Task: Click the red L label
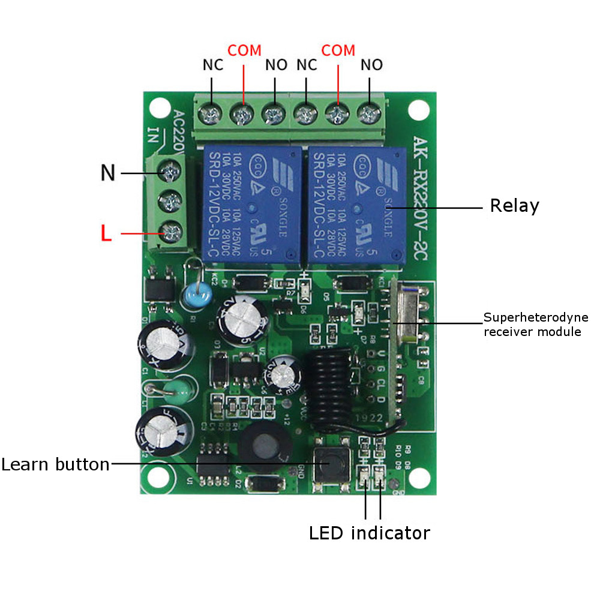106,233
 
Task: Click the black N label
107,173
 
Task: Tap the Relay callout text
514,206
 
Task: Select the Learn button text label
55,464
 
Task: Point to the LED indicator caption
370,533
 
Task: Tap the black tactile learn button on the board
330,465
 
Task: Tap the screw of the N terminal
170,172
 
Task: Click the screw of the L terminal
170,229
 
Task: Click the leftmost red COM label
244,50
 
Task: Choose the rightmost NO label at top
371,65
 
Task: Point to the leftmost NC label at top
212,65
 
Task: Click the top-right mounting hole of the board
418,110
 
